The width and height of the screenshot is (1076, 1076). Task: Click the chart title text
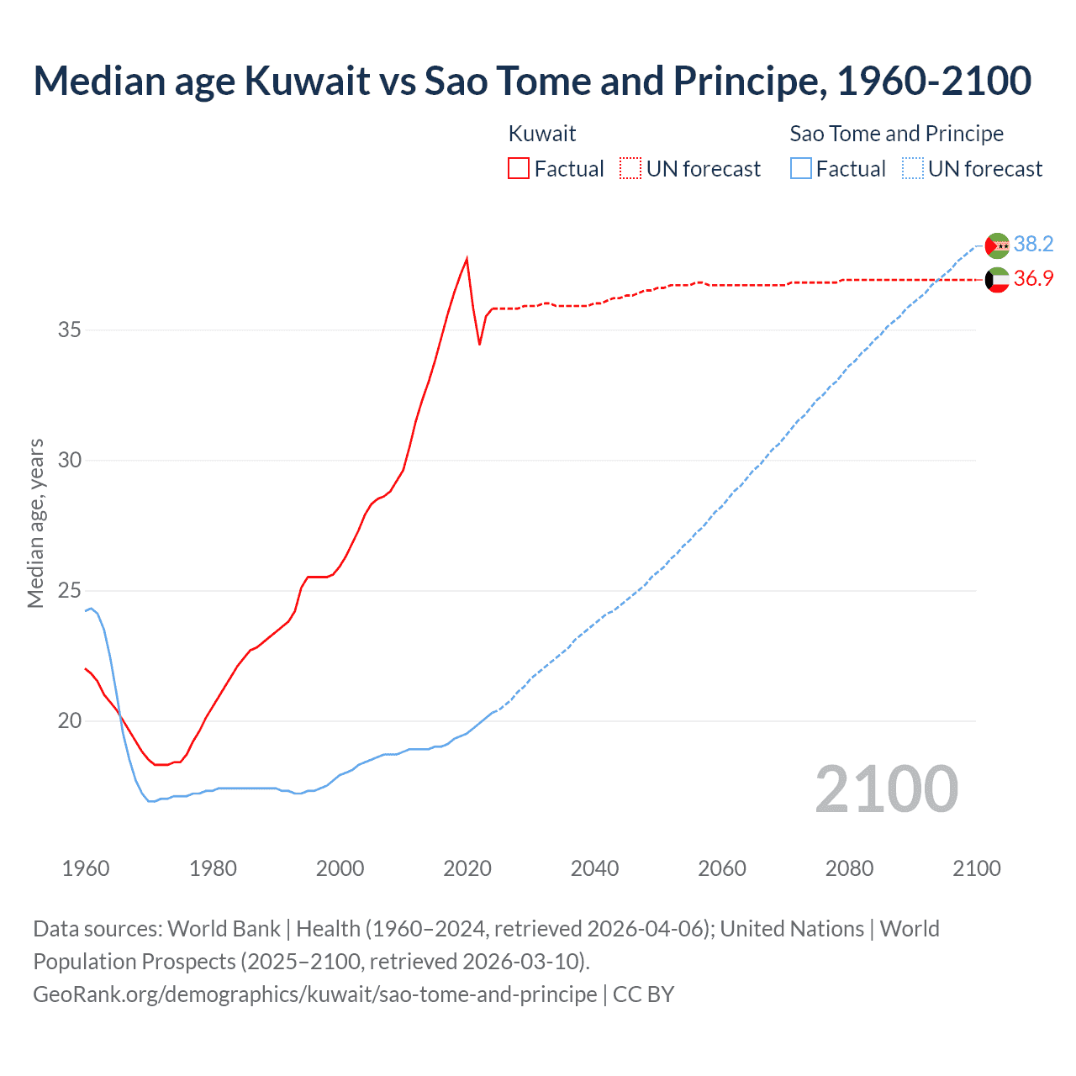point(532,81)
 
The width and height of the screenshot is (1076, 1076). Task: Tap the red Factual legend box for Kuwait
point(519,169)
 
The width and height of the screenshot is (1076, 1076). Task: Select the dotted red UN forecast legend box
point(630,169)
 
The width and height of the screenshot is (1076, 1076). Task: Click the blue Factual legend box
point(801,169)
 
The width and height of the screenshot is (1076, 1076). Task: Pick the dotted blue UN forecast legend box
point(913,169)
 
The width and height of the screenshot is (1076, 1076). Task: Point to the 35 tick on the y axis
point(70,330)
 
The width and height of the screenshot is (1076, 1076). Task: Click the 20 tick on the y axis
point(70,720)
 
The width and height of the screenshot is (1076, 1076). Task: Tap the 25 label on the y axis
point(70,590)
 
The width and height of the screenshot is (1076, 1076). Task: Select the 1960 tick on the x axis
point(86,868)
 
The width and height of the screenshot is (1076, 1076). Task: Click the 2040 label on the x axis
point(594,868)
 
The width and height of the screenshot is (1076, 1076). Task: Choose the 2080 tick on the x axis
point(849,868)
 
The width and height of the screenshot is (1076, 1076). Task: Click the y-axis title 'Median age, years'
point(35,523)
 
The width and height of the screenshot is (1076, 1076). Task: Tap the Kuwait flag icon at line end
point(997,279)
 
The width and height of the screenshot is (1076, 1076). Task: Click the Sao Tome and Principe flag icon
point(997,245)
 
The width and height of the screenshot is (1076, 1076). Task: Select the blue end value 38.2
point(1033,244)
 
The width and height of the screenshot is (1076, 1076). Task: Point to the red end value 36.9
point(1033,278)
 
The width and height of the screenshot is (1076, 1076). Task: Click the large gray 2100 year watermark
point(886,789)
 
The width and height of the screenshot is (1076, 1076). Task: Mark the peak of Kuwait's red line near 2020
point(467,259)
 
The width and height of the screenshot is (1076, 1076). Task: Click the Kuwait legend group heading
point(542,134)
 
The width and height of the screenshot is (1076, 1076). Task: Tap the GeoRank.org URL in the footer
point(314,994)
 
